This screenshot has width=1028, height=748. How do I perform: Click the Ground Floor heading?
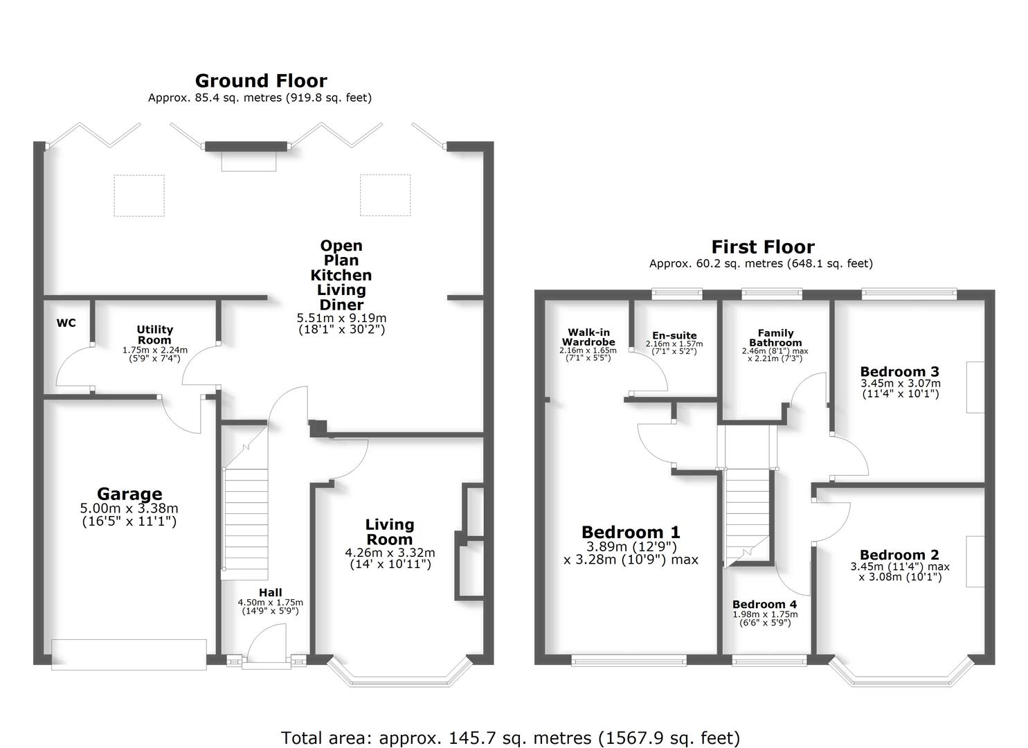point(260,81)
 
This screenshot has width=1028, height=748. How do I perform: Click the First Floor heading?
point(762,247)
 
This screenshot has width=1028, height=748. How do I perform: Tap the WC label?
point(66,323)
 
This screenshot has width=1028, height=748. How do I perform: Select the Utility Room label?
point(154,335)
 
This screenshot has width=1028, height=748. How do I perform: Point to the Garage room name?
point(129,494)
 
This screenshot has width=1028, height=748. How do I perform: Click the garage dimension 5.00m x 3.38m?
point(129,509)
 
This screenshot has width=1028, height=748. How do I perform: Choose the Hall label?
point(270,592)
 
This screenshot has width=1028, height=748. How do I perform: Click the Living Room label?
point(389,532)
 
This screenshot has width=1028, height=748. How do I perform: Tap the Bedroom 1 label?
point(631,532)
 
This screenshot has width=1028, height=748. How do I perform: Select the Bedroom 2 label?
point(899,555)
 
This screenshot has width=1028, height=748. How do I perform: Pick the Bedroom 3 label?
point(899,371)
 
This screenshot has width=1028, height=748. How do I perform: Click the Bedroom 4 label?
point(764,604)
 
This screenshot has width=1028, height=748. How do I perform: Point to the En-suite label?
point(674,335)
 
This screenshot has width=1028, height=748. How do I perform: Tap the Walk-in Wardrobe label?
point(588,337)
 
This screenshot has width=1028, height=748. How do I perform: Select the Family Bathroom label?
point(775,337)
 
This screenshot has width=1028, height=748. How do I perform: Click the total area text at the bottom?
point(510,738)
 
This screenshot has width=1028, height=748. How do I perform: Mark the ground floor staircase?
point(244,523)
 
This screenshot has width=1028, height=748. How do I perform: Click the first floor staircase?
point(748,513)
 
